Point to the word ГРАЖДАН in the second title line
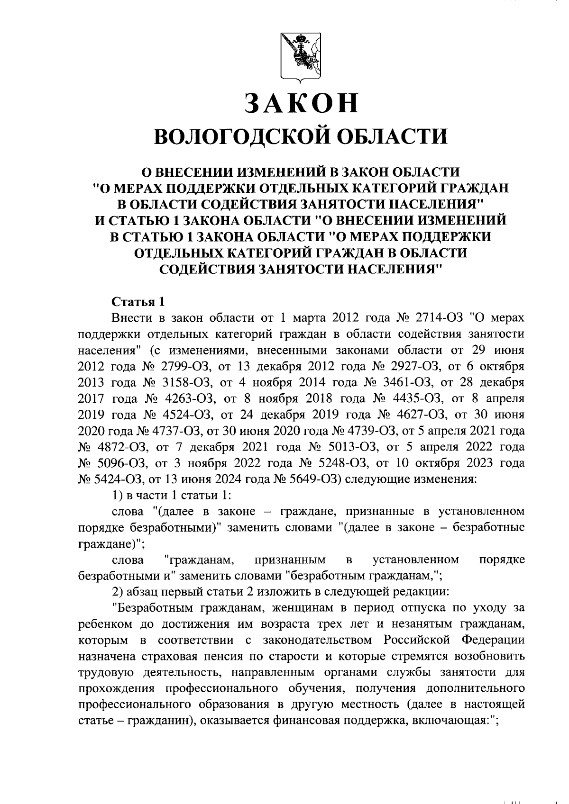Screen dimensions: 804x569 (475, 188)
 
